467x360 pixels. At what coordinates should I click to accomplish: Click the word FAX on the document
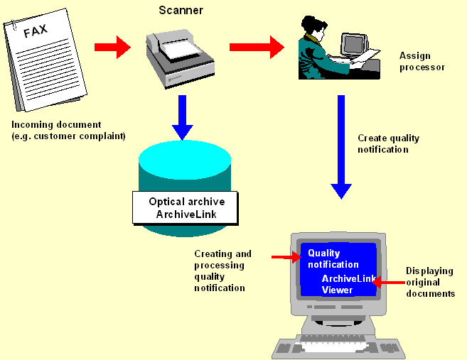[36, 32]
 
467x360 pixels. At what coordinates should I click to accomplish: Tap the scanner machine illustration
[178, 56]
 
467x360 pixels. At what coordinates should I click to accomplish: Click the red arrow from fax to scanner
[112, 48]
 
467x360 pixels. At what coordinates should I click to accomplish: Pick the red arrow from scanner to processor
[257, 48]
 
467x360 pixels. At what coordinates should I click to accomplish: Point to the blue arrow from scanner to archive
[183, 116]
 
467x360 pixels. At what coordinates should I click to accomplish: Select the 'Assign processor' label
[422, 61]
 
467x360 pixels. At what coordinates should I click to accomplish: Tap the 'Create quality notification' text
[388, 143]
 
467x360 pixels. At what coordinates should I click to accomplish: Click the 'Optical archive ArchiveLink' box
[186, 207]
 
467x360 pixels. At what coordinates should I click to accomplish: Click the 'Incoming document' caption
[68, 130]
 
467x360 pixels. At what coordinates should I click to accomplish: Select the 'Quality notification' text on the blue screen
[333, 258]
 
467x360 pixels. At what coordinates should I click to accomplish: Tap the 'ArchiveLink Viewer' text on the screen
[348, 284]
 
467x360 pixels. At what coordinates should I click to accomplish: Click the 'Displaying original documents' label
[430, 282]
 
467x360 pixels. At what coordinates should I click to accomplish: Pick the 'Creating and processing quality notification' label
[222, 271]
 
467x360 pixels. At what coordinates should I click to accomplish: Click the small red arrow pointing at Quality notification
[286, 256]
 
